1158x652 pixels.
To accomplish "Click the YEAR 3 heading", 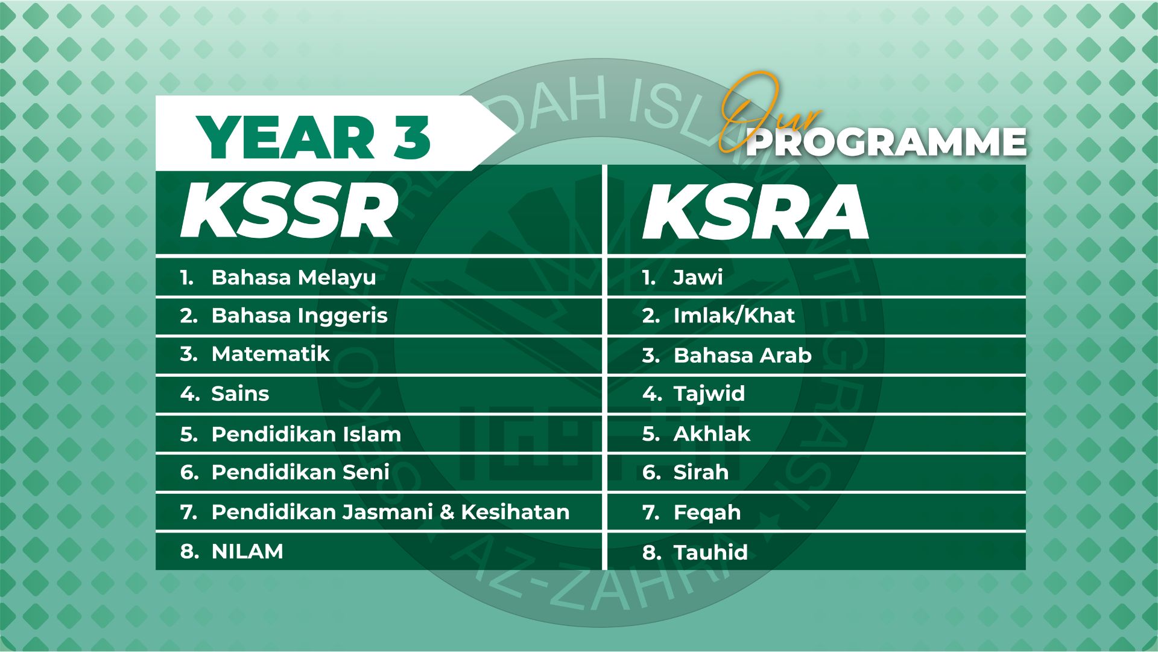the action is pos(313,138).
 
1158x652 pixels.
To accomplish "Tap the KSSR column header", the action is pos(289,212).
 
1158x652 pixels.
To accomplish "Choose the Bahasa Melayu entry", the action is pos(294,277).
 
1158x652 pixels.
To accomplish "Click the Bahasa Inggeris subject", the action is pos(299,316).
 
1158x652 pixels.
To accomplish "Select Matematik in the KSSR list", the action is pos(270,354).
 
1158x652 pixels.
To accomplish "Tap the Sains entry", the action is pos(240,394).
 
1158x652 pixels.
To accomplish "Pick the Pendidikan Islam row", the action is pos(306,434).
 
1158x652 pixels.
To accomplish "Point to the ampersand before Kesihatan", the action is pos(447,512).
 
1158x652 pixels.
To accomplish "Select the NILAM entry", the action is pos(247,551).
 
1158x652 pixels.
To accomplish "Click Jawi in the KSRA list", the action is pos(698,278).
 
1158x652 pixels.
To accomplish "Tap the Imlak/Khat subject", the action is pos(734,315).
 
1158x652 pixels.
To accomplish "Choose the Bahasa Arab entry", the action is pos(742,355).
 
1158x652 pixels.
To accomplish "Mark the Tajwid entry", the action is pos(709,394).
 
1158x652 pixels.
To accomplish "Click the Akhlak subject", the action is pos(712,433).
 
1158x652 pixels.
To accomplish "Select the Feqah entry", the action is pos(707,513).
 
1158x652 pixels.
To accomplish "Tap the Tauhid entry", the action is pos(710,552).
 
